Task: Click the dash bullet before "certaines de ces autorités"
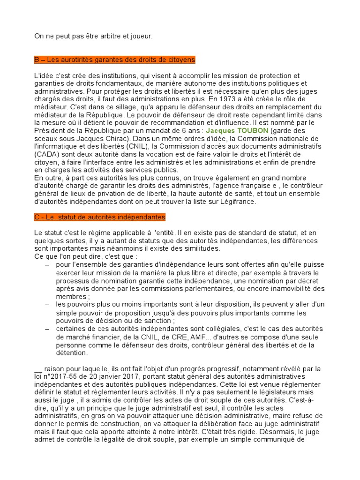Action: pos(47,329)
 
